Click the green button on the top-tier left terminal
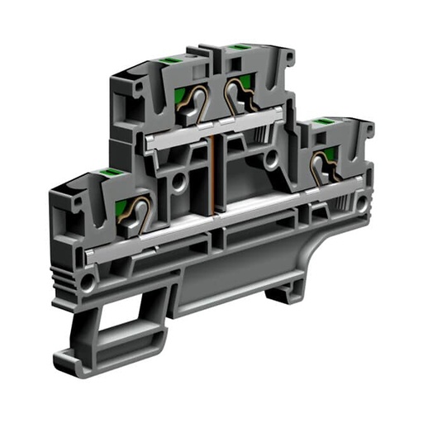161,60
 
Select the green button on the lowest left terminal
107,173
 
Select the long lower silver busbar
207,227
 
